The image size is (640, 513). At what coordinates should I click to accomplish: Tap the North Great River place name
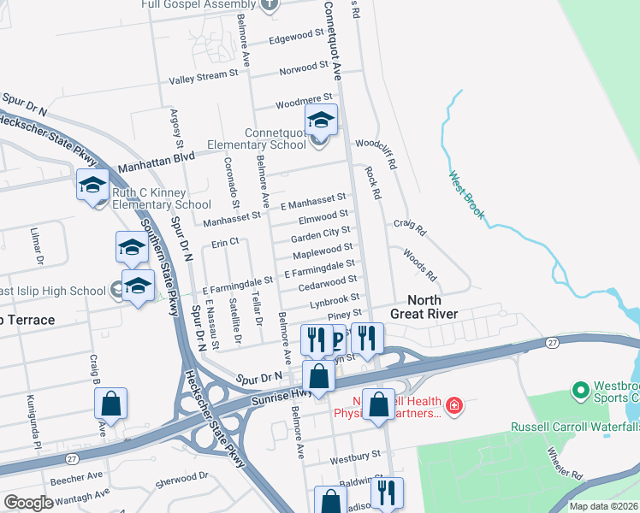click(424, 306)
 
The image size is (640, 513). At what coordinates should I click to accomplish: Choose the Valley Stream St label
click(204, 77)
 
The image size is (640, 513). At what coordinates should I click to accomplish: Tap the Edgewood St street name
click(299, 37)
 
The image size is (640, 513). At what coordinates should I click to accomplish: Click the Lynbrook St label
click(334, 301)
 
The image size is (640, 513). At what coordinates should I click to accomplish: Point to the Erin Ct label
click(226, 243)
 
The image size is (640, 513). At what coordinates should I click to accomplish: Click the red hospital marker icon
click(453, 404)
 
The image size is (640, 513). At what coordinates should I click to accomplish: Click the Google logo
click(28, 503)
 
